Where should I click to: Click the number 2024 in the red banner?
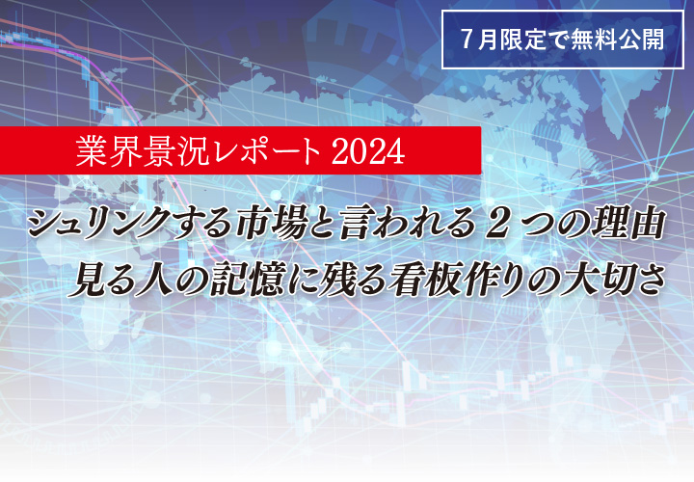[x=367, y=151]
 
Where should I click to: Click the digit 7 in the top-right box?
[x=467, y=39]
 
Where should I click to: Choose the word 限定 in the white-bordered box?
[x=522, y=39]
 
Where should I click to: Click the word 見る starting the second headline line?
[x=100, y=280]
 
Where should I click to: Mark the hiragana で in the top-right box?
[x=557, y=40]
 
